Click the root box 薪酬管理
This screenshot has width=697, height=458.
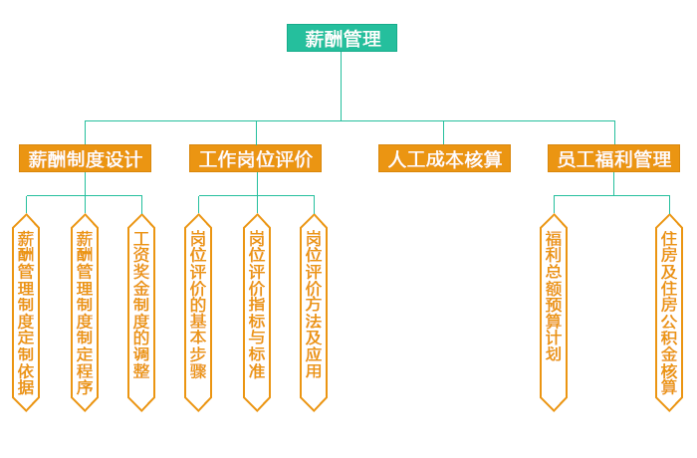pos(343,39)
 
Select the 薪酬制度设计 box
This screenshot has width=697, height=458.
pos(85,158)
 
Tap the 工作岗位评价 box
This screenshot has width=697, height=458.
pos(256,158)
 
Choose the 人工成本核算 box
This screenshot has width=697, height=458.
pos(444,158)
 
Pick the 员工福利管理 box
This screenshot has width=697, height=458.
pos(613,158)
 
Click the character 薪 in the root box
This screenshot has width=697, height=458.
pos(314,39)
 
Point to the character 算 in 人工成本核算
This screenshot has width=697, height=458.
pos(492,159)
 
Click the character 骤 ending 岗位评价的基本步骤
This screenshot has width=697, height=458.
pos(198,370)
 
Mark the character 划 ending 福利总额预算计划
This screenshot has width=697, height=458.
pos(554,352)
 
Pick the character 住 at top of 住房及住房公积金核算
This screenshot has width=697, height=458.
pos(669,239)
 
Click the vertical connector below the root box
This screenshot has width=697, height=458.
pos(342,86)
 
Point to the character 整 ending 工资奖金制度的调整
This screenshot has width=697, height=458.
pos(141,370)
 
